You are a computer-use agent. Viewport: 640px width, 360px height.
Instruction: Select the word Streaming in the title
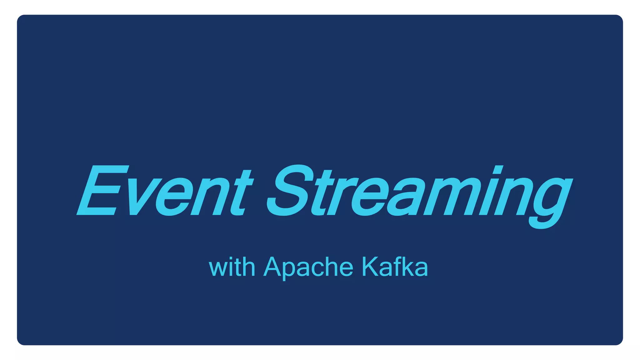(x=419, y=192)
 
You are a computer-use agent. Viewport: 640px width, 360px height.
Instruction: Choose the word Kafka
(x=395, y=267)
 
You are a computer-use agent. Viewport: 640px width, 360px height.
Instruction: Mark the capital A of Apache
(x=274, y=267)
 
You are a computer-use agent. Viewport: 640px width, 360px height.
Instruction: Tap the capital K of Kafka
(x=371, y=267)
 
